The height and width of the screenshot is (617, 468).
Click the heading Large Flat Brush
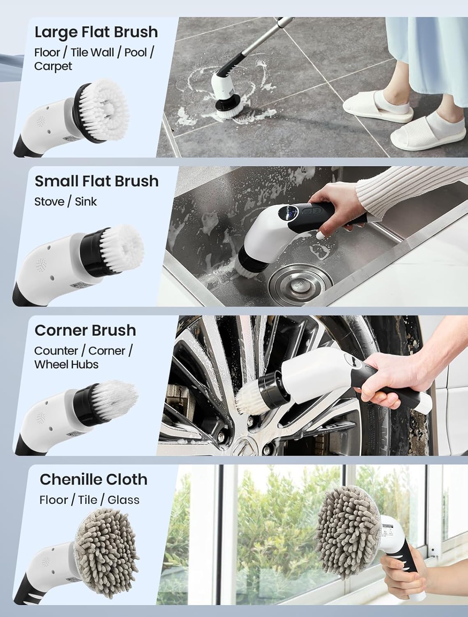tap(96, 32)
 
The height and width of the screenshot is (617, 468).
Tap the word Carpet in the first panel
tap(53, 66)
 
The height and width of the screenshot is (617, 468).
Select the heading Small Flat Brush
tap(96, 181)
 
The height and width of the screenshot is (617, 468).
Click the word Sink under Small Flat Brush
tap(86, 202)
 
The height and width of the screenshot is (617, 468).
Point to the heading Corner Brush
tap(85, 330)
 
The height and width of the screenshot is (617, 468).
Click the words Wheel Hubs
tap(66, 364)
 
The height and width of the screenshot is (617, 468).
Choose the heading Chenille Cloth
tap(93, 480)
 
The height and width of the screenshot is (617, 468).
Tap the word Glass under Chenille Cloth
tap(123, 500)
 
